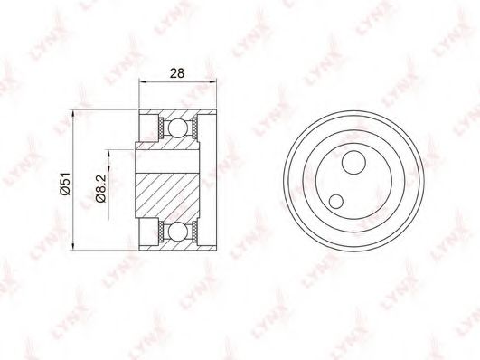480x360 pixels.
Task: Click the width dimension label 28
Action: tap(177, 73)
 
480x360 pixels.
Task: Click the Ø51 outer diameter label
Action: tap(65, 184)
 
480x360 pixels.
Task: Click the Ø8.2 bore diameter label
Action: tap(100, 189)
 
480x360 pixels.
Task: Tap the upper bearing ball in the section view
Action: tap(176, 128)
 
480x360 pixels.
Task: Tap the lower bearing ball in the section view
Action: tap(176, 232)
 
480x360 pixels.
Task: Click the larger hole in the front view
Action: tap(353, 163)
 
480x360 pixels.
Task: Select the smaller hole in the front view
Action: tap(336, 202)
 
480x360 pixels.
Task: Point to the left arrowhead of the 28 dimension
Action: tap(143, 81)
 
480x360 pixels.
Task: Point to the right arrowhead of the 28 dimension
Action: tap(212, 81)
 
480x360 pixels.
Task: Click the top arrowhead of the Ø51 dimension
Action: tap(73, 114)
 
